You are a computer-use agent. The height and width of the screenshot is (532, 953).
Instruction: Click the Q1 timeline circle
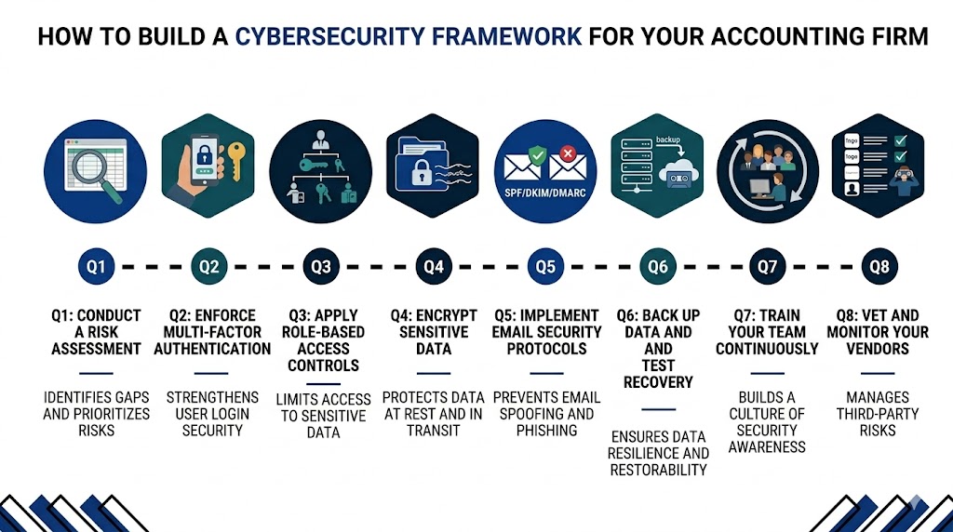pyautogui.click(x=96, y=267)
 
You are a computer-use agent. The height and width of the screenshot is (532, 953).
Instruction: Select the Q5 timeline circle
pyautogui.click(x=545, y=267)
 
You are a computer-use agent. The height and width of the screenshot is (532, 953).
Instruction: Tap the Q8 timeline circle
pyautogui.click(x=879, y=267)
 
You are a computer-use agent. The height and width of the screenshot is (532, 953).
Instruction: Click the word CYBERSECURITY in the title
pyautogui.click(x=409, y=37)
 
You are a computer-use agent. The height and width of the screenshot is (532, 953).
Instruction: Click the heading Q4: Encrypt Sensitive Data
pyautogui.click(x=433, y=332)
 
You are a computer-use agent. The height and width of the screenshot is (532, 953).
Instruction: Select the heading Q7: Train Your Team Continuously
pyautogui.click(x=767, y=332)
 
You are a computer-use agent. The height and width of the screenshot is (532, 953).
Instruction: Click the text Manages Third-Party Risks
pyautogui.click(x=879, y=413)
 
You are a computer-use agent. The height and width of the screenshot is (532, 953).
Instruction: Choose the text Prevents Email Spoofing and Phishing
pyautogui.click(x=545, y=413)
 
